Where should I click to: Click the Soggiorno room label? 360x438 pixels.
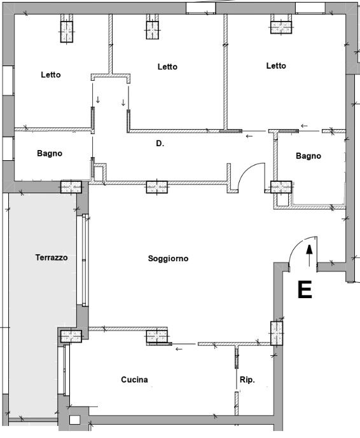click(168, 259)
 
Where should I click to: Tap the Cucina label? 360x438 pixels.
click(134, 380)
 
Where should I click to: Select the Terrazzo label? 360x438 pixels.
click(52, 257)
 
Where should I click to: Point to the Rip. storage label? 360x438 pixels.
click(247, 380)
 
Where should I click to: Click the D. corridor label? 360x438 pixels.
click(160, 144)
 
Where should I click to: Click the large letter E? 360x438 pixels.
click(305, 290)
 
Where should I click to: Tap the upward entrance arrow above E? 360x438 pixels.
click(309, 256)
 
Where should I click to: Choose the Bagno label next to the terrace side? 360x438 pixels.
click(50, 153)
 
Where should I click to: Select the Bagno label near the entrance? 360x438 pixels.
click(308, 156)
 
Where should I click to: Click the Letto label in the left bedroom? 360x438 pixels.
click(51, 75)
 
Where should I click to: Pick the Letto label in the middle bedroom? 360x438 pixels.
click(167, 67)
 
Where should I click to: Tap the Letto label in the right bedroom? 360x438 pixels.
click(276, 66)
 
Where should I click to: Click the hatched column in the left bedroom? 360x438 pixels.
click(67, 32)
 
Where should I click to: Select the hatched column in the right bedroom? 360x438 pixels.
click(281, 27)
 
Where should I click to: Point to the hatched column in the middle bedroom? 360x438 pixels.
click(153, 30)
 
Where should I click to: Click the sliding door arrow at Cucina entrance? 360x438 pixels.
click(179, 349)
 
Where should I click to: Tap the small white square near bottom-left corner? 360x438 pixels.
click(74, 420)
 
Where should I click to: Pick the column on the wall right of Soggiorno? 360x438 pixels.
click(277, 333)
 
